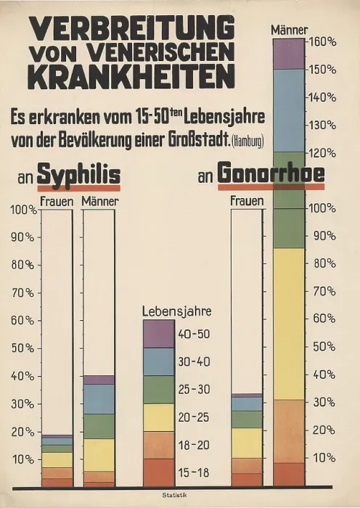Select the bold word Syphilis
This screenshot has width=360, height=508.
click(x=78, y=176)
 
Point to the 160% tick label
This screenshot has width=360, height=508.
click(x=323, y=42)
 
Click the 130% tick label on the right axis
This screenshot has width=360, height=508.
click(x=323, y=125)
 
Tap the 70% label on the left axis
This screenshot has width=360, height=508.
click(x=22, y=293)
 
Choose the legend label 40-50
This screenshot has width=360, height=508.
click(x=194, y=334)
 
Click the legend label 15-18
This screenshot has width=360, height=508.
click(x=194, y=472)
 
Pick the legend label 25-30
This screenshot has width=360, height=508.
click(x=194, y=390)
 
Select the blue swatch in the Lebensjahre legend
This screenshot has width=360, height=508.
click(x=159, y=362)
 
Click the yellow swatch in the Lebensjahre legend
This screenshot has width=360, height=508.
click(x=159, y=417)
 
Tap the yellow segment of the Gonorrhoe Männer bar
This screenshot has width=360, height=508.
click(x=289, y=324)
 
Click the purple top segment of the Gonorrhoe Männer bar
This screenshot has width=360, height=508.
click(x=289, y=54)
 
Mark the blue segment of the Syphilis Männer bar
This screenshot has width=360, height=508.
click(x=99, y=399)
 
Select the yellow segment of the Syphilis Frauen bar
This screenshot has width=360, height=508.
click(x=57, y=460)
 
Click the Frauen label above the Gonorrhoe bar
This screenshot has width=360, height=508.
click(x=247, y=201)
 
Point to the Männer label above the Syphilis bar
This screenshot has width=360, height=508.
click(x=100, y=201)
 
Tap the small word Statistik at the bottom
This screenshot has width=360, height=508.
click(x=175, y=495)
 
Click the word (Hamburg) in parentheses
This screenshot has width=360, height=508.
click(x=248, y=142)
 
